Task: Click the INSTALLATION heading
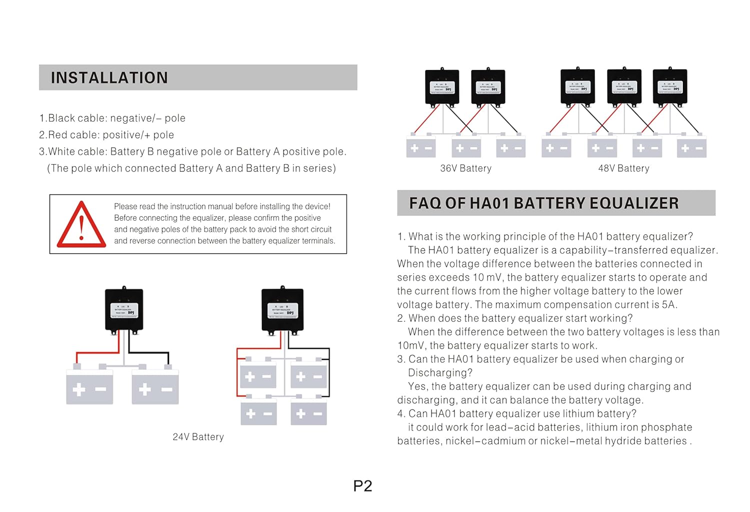tap(109, 78)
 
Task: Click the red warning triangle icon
tap(81, 226)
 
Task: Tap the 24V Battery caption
tap(198, 437)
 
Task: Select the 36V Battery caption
tap(465, 169)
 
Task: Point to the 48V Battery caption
tap(623, 169)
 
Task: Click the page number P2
tap(362, 486)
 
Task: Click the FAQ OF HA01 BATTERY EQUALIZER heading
tap(543, 203)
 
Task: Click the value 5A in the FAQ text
tap(668, 305)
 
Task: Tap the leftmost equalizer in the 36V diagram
tap(442, 88)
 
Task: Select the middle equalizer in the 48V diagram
tap(624, 88)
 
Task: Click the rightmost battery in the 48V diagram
tap(692, 148)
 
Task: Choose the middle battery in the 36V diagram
tap(466, 148)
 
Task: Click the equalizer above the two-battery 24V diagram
tap(124, 310)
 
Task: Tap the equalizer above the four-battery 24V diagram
tap(282, 310)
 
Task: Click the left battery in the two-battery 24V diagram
tap(89, 388)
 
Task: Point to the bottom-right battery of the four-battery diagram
tap(309, 414)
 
